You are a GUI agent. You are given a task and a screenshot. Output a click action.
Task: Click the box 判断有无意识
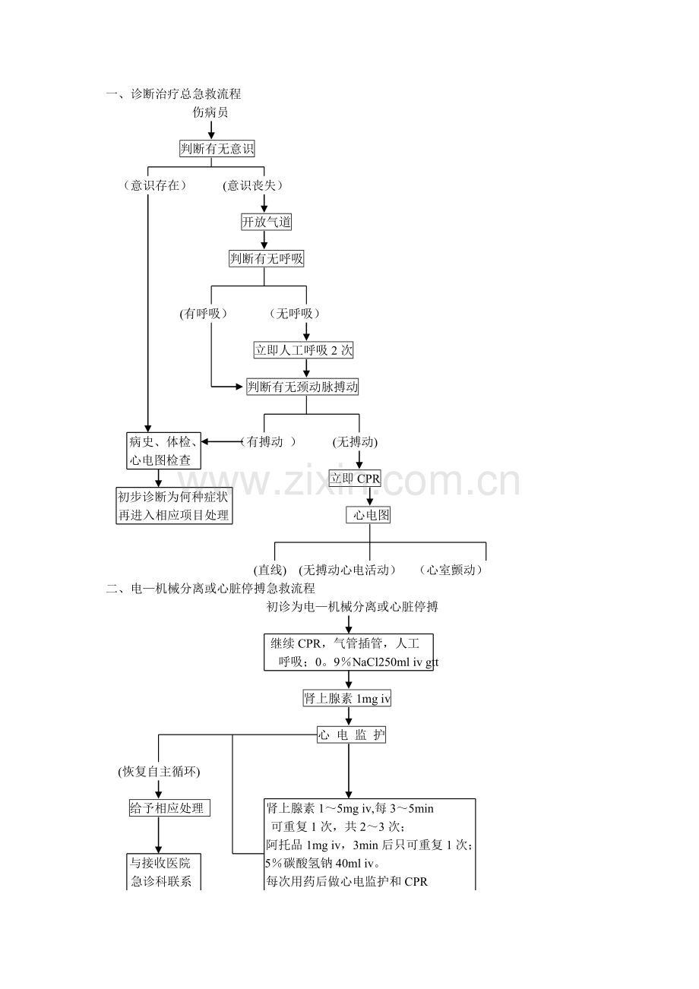(217, 148)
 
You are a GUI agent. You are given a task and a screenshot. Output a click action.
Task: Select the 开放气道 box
(266, 222)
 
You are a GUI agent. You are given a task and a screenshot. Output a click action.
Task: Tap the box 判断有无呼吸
(266, 258)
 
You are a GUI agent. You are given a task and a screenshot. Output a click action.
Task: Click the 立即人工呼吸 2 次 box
(303, 350)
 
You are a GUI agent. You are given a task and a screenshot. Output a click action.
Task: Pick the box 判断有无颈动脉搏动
(302, 387)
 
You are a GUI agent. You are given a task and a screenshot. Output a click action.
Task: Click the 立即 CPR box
(355, 478)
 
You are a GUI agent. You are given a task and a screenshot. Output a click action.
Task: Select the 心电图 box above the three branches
(368, 515)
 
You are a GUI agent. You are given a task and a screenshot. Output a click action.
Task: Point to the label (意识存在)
(154, 185)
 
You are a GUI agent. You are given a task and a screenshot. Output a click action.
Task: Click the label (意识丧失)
(252, 185)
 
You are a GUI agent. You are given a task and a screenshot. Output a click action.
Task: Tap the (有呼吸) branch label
(204, 314)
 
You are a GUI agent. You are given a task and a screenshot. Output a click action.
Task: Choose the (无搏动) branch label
(355, 442)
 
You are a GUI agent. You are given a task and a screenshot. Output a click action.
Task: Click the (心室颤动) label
(451, 570)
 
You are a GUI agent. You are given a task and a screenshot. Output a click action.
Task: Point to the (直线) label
(270, 570)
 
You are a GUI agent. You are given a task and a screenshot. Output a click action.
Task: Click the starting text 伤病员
(210, 112)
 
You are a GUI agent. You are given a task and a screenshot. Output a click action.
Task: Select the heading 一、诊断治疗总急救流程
(173, 93)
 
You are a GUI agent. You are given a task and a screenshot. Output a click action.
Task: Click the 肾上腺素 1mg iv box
(346, 698)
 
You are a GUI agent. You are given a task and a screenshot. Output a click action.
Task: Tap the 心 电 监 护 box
(351, 735)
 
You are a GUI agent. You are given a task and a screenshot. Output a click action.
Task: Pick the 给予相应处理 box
(169, 808)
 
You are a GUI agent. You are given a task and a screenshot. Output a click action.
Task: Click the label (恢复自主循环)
(159, 772)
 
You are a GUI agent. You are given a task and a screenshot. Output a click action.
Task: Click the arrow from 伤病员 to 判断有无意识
(211, 130)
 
